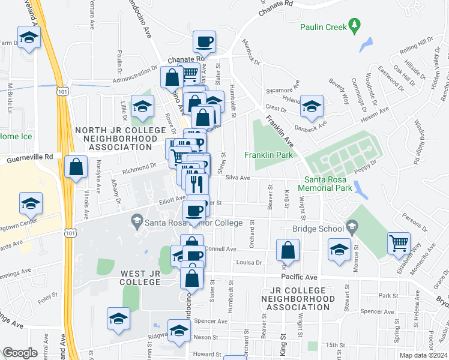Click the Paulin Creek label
click(323, 26)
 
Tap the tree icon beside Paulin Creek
click(355, 25)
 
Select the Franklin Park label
click(268, 155)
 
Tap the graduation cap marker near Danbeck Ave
click(312, 106)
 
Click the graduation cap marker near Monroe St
click(339, 250)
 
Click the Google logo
click(20, 353)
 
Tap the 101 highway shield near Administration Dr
click(61, 91)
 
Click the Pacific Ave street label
click(298, 277)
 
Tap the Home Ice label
click(10, 136)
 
